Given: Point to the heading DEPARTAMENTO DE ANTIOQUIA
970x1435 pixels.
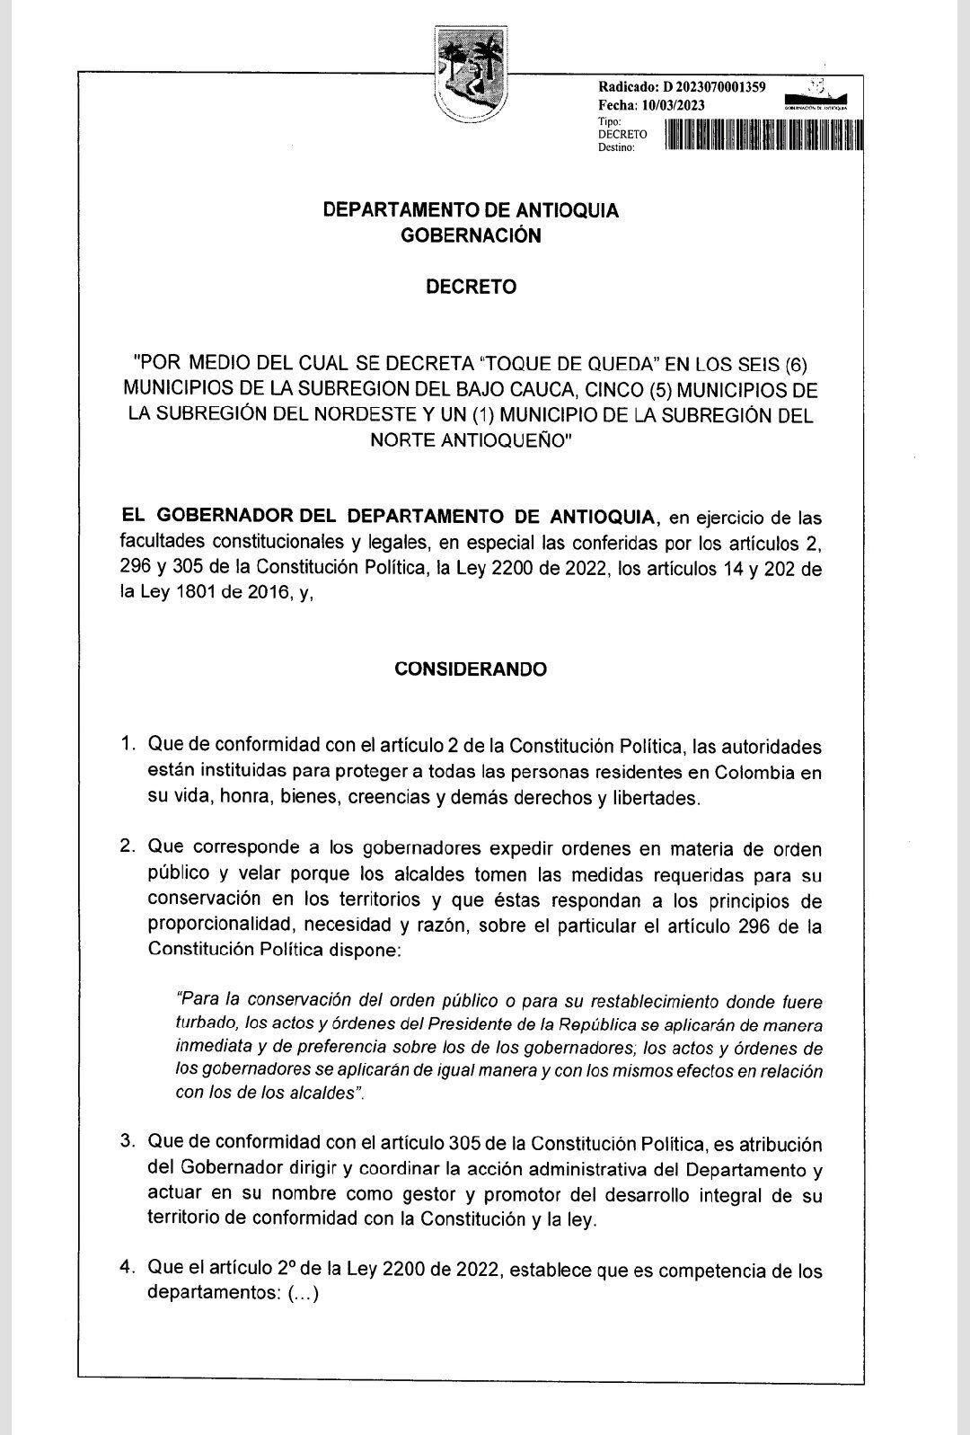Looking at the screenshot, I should tap(471, 210).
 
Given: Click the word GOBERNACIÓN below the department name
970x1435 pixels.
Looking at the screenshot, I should tap(471, 235).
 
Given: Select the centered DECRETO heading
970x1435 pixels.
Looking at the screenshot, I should tap(471, 288).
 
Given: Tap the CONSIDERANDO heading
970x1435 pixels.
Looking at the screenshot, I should tap(471, 669).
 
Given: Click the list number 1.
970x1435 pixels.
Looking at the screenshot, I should tap(128, 746).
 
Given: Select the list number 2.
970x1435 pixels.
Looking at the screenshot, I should tap(128, 848).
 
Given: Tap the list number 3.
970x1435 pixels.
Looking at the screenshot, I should tap(128, 1144).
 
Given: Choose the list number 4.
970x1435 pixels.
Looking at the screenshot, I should tap(128, 1271).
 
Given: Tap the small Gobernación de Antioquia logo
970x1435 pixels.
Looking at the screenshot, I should tap(816, 99).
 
